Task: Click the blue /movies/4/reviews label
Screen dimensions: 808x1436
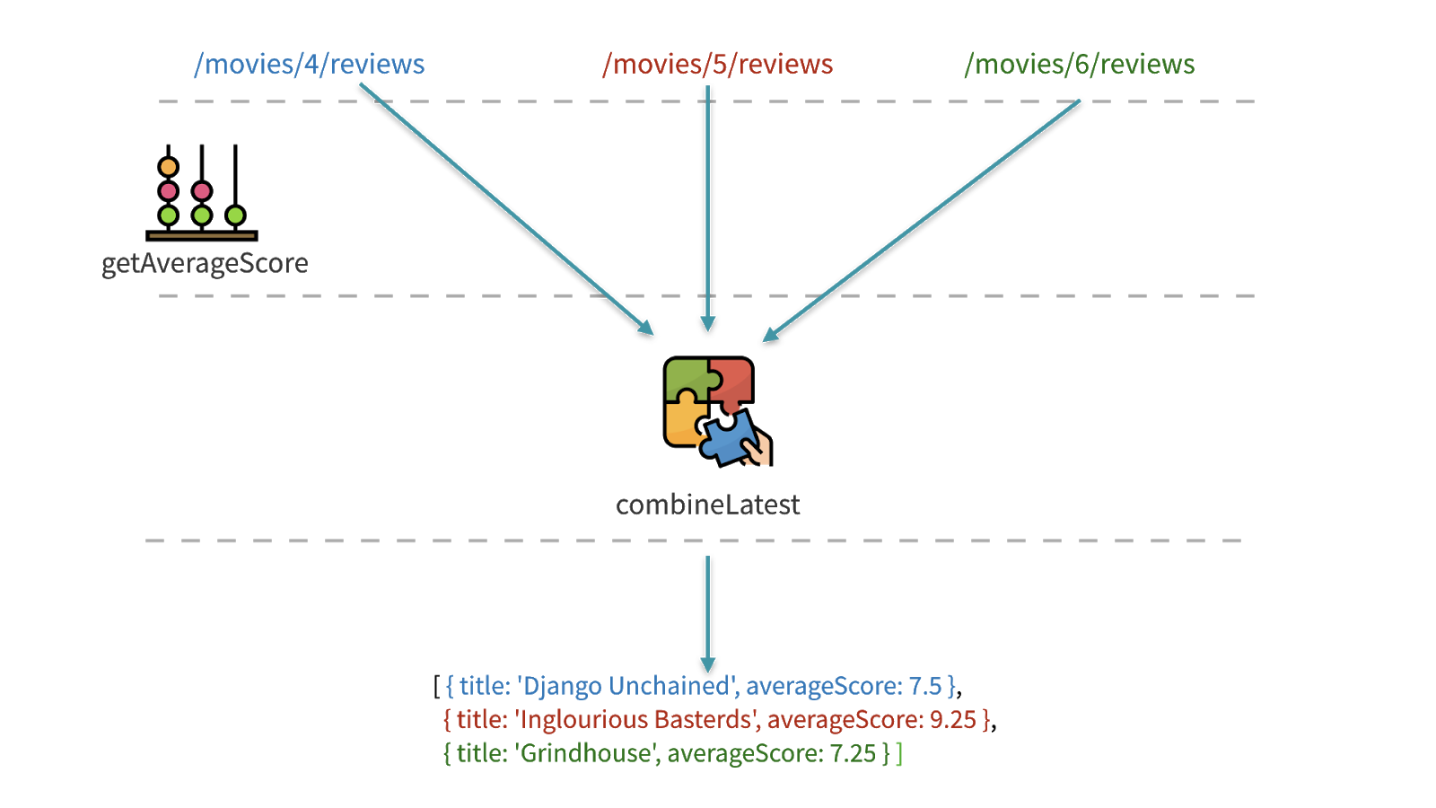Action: tap(309, 65)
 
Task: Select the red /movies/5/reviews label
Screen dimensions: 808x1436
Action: tap(718, 65)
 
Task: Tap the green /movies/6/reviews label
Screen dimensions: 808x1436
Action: tap(1079, 65)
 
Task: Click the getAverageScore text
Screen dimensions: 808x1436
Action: tap(205, 263)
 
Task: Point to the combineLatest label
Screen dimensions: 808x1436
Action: tap(707, 505)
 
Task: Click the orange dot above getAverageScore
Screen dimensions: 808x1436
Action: tap(168, 167)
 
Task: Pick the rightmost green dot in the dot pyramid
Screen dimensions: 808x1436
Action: tap(235, 215)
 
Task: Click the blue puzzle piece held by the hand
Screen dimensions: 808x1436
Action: tap(729, 438)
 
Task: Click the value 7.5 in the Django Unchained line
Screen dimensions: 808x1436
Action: tap(924, 686)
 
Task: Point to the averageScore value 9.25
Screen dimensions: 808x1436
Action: tap(952, 720)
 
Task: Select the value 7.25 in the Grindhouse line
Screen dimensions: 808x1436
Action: tap(853, 753)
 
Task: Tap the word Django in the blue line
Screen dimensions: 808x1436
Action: tap(562, 686)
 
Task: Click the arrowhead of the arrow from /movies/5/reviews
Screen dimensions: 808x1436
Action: tap(707, 324)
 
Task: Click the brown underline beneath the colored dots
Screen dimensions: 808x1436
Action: tap(202, 235)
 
